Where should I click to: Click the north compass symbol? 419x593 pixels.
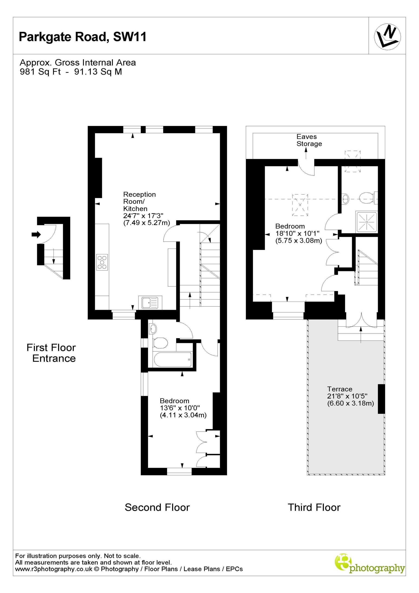[387, 36]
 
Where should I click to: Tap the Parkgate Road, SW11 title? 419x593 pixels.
[83, 37]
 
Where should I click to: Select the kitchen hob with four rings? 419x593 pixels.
[102, 262]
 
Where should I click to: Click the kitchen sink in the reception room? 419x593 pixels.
[150, 303]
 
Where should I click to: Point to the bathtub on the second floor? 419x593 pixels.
[172, 360]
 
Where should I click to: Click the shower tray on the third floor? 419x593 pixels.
[367, 222]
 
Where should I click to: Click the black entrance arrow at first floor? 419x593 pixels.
[36, 234]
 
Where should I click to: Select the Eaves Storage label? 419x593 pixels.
[309, 140]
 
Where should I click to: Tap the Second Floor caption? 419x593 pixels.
[157, 507]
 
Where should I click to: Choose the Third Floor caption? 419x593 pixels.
[314, 507]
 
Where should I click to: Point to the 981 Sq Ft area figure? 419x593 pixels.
[40, 72]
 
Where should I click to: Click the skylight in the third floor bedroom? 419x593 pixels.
[300, 205]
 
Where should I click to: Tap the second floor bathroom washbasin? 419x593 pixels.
[153, 329]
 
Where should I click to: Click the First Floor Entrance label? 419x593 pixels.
[51, 353]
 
